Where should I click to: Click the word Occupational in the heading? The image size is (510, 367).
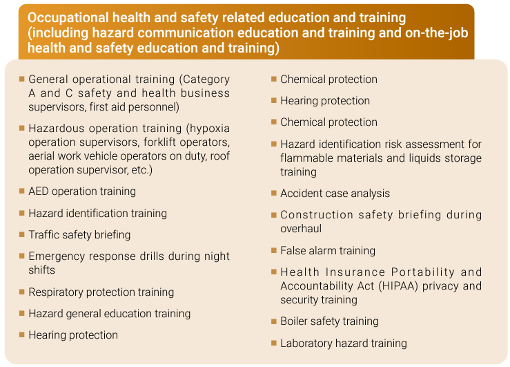(x=68, y=17)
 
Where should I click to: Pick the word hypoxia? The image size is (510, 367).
(x=210, y=129)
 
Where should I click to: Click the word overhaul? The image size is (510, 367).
(x=301, y=229)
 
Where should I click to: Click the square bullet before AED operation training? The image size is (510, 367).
(x=22, y=191)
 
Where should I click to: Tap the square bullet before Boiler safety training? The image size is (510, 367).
(x=274, y=321)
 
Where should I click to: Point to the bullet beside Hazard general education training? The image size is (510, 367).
(x=22, y=313)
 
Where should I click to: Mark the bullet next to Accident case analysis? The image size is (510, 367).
(x=274, y=193)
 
